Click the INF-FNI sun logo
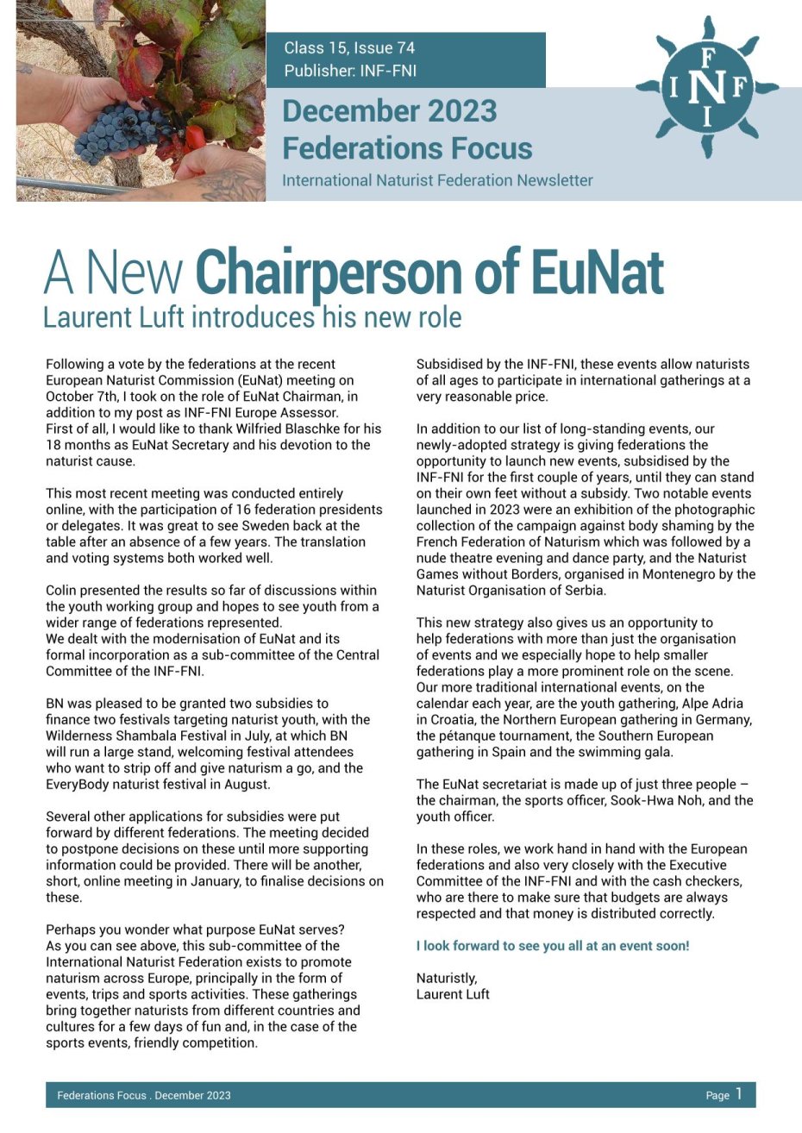pos(707,86)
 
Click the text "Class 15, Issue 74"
pos(349,48)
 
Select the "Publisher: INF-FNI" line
pos(350,71)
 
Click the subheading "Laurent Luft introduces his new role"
pos(252,317)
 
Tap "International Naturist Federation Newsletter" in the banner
pos(437,180)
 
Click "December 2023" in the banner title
pos(390,111)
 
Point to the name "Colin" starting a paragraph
pos(63,591)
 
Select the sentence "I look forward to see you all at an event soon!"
pos(553,946)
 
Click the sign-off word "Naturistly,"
pos(447,978)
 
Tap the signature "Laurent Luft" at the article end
pos(453,994)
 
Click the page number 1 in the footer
pos(738,1094)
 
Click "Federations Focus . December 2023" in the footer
pos(144,1096)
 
